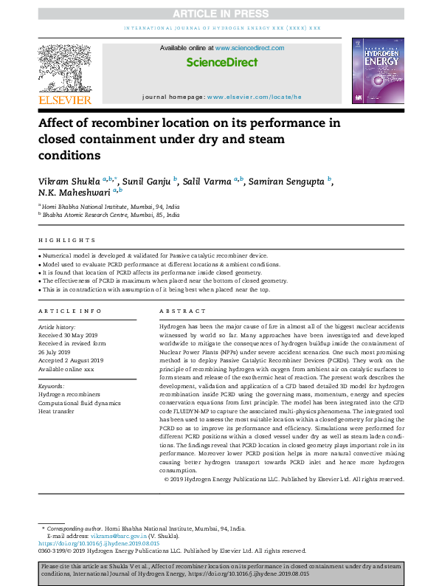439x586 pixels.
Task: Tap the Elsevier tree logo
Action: pyautogui.click(x=65, y=69)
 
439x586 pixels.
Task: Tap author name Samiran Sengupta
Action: pyautogui.click(x=294, y=180)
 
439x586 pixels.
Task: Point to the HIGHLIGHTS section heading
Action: pyautogui.click(x=67, y=241)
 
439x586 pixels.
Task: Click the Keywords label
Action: pyautogui.click(x=51, y=386)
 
